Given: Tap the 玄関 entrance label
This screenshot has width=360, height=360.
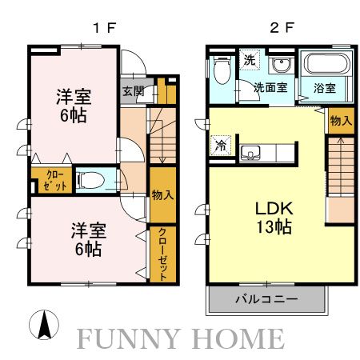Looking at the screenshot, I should pyautogui.click(x=133, y=90).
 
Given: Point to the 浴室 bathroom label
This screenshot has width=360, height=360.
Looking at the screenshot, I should pyautogui.click(x=324, y=88).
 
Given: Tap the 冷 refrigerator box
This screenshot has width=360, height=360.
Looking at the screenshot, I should pyautogui.click(x=220, y=146).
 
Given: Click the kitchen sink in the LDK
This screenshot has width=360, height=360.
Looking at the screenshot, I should pyautogui.click(x=251, y=152).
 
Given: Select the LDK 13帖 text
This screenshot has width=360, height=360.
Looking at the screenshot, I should pyautogui.click(x=274, y=216).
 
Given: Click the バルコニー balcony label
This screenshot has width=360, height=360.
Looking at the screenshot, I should pyautogui.click(x=266, y=299).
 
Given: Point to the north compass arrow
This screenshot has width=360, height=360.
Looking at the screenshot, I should pyautogui.click(x=46, y=323).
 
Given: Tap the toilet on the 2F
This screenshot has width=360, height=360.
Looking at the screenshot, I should pyautogui.click(x=222, y=71).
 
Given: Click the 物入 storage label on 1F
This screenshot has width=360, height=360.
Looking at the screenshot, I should pyautogui.click(x=162, y=194).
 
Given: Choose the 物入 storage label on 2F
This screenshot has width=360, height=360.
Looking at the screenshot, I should pyautogui.click(x=339, y=121).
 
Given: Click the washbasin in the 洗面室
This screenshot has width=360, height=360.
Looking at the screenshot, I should pyautogui.click(x=282, y=66).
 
